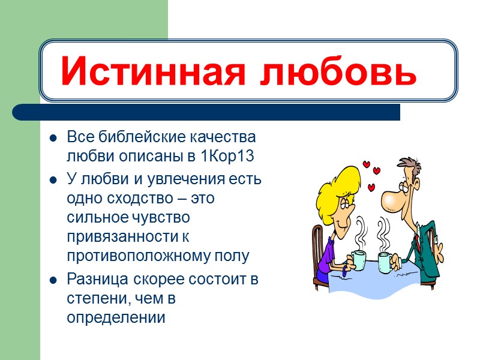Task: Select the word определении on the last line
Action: pos(115,318)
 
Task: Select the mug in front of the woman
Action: pos(358,260)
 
